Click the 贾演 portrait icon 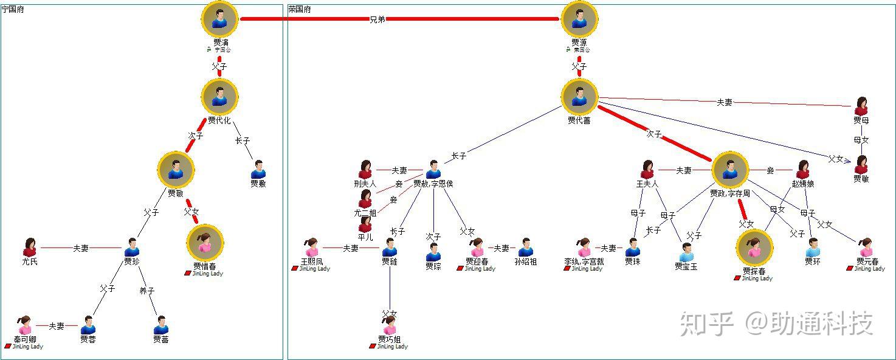point(219,19)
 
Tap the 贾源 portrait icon point(579,19)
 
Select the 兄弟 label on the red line point(377,19)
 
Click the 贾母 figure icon point(861,106)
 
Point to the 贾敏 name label point(861,179)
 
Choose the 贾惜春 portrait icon point(205,243)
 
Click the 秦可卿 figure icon point(25,325)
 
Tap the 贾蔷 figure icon point(160,325)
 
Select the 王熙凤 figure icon point(312,247)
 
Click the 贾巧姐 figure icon point(390,325)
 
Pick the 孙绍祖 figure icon point(526,247)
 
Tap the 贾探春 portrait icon point(754,247)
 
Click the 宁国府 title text point(13,10)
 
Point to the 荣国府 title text point(300,10)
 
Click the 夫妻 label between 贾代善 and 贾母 point(724,103)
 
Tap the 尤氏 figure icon point(30,247)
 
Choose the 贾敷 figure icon point(258,170)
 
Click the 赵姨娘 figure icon point(802,170)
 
